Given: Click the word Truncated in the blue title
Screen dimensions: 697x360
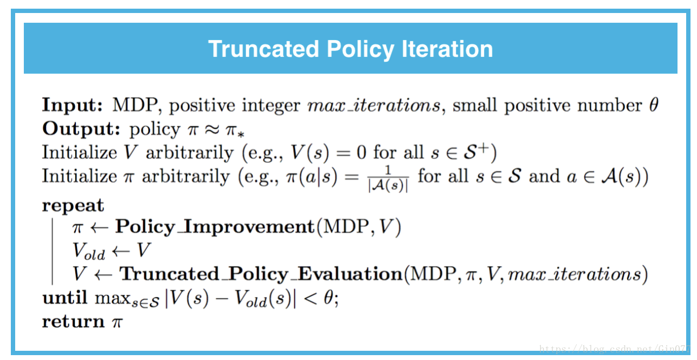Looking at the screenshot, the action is coord(264,49).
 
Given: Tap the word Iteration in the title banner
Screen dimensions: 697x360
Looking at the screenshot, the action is coord(447,49).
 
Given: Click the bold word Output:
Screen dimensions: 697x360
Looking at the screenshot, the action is coord(81,129).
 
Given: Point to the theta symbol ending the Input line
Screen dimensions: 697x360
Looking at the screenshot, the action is coord(654,105).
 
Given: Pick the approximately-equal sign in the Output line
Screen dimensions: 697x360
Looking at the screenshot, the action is coord(212,130).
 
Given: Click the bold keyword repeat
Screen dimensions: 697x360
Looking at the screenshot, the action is coord(73,206).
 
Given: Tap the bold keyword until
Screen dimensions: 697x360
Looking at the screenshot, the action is coord(64,297).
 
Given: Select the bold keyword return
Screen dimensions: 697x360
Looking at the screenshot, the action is coord(73,322).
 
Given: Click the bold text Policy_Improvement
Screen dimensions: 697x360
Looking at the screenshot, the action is coord(215,227).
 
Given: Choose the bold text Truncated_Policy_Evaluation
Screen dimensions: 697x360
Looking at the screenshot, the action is coord(261,274).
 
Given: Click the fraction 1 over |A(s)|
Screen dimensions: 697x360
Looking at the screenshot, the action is coord(388,178).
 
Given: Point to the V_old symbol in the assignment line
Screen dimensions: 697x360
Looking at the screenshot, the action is coord(89,251).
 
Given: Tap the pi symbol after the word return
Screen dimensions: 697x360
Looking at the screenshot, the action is coord(117,323).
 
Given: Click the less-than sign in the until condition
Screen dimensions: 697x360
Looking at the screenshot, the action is coord(311,299).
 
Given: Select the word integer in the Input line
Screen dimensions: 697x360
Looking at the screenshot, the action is coord(271,106).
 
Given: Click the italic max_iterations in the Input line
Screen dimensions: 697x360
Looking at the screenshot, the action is coord(374,106).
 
